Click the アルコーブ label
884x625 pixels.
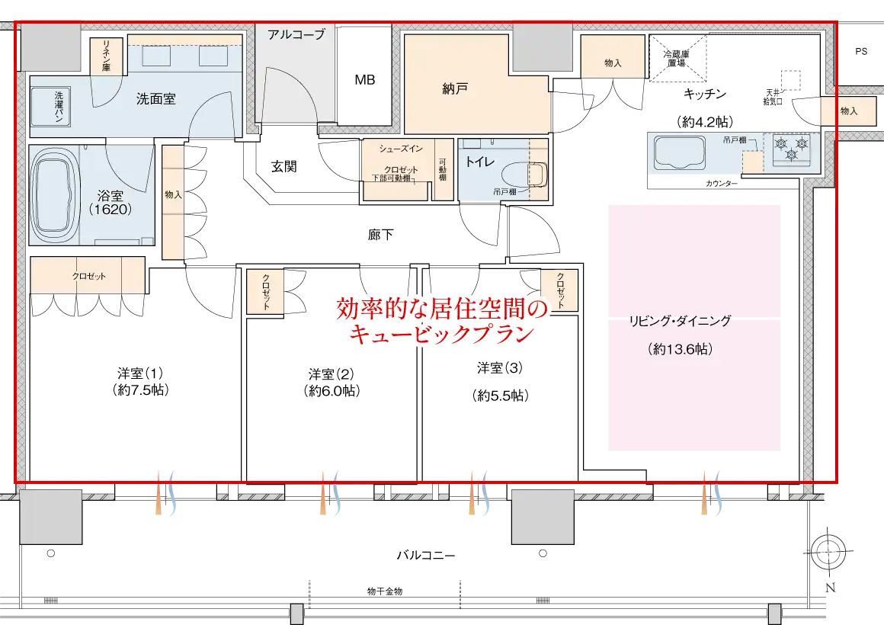tap(296, 34)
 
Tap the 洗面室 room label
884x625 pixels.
tap(156, 98)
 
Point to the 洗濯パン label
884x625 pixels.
tap(59, 107)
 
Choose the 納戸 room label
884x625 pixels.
tap(454, 89)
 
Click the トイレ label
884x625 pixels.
tap(480, 161)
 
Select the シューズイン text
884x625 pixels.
tap(401, 149)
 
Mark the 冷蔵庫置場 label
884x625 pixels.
tap(676, 59)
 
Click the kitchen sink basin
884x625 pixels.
tap(681, 153)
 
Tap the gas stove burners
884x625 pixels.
tap(791, 148)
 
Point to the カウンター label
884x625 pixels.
tap(721, 184)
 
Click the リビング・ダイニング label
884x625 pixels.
tap(679, 321)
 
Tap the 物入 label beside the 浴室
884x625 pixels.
tap(174, 194)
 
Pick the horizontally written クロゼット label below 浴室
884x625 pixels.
tap(89, 276)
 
